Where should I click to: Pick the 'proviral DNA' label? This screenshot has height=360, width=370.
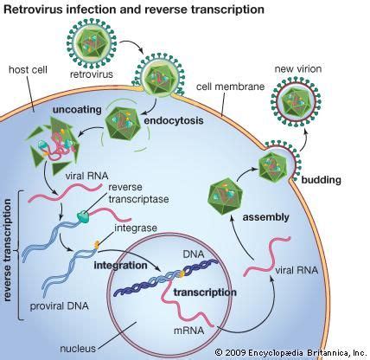(x=58, y=306)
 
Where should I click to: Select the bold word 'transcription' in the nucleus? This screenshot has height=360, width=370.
(x=206, y=292)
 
